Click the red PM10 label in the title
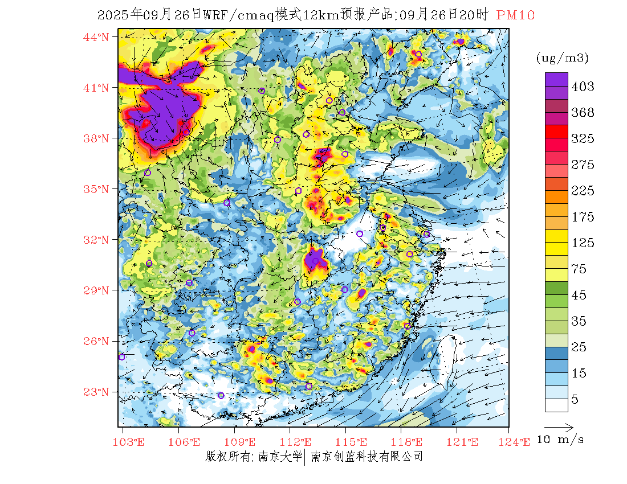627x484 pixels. (515, 15)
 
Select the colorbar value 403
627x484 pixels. (583, 87)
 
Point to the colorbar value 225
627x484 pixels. (583, 191)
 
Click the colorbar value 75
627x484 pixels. (579, 269)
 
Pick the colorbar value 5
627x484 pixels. (575, 400)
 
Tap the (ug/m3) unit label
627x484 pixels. (563, 58)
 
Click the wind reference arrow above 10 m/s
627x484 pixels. (559, 426)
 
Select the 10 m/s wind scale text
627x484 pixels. (561, 440)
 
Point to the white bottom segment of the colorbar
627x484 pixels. (556, 405)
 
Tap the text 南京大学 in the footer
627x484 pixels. (280, 456)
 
